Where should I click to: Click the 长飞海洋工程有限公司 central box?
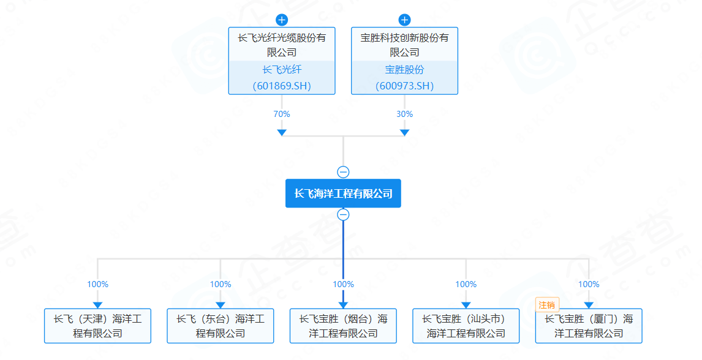click(343, 193)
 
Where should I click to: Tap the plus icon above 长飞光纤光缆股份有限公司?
click(282, 20)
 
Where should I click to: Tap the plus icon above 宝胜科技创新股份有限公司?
click(404, 20)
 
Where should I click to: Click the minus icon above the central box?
click(343, 172)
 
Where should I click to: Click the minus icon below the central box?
click(343, 214)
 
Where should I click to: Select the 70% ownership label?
click(282, 114)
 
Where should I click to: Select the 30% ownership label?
click(404, 114)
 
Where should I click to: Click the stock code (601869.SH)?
click(282, 86)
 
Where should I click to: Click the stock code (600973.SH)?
click(404, 86)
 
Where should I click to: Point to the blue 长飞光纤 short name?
click(282, 70)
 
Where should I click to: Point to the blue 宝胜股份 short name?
click(404, 70)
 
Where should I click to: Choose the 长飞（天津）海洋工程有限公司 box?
click(97, 326)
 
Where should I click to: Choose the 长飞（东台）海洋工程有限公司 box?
click(221, 326)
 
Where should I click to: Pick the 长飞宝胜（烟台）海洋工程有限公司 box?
click(343, 326)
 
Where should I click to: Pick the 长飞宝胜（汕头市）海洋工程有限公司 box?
click(466, 326)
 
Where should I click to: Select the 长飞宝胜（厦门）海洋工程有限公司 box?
click(589, 326)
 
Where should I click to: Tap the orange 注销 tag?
click(547, 304)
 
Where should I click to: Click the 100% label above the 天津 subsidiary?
click(97, 284)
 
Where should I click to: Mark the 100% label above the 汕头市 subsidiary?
click(466, 284)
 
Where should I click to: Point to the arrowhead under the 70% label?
click(282, 132)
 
